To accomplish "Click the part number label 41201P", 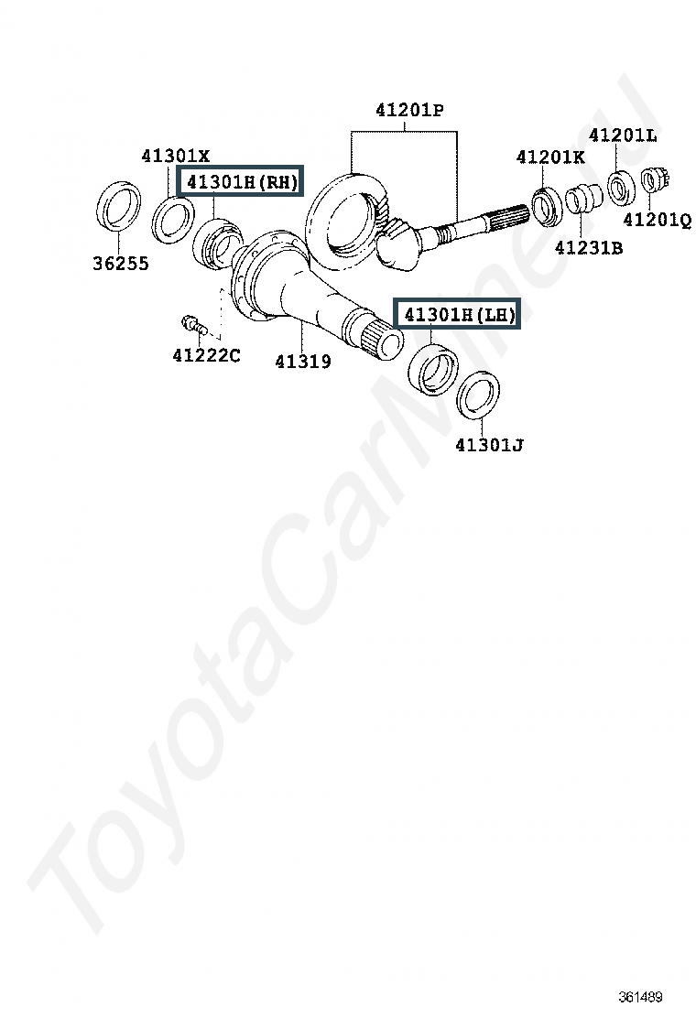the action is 409,111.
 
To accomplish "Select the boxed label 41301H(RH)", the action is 241,181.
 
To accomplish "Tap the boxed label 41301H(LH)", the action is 459,314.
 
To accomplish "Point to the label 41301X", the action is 176,156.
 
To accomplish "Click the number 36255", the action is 121,263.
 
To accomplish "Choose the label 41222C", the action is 206,355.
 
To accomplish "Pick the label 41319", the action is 303,361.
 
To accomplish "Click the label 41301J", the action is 489,445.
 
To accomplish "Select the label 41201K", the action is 550,157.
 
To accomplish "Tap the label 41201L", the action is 623,135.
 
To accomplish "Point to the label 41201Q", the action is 657,220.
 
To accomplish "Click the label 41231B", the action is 589,247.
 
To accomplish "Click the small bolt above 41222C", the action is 193,325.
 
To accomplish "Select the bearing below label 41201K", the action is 546,206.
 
